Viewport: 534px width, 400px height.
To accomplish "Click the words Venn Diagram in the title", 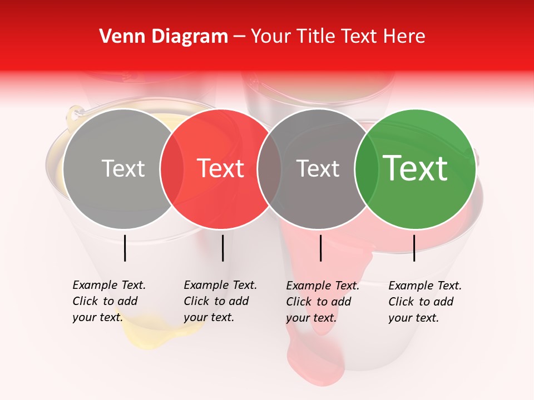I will (x=164, y=37).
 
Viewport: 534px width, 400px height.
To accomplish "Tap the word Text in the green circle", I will (x=415, y=168).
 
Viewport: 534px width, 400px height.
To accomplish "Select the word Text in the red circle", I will (x=221, y=168).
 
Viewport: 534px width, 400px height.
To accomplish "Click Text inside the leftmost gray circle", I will (x=123, y=168).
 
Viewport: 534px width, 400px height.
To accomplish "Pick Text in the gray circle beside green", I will (x=318, y=168).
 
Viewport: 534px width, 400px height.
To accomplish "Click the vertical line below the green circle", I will (x=414, y=248).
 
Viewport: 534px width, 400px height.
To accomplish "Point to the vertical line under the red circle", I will (x=222, y=248).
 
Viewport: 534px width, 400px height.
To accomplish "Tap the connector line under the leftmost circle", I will (x=125, y=248).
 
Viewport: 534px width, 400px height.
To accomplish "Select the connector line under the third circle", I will (x=320, y=248).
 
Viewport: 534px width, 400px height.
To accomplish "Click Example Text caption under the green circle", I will (x=424, y=302).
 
